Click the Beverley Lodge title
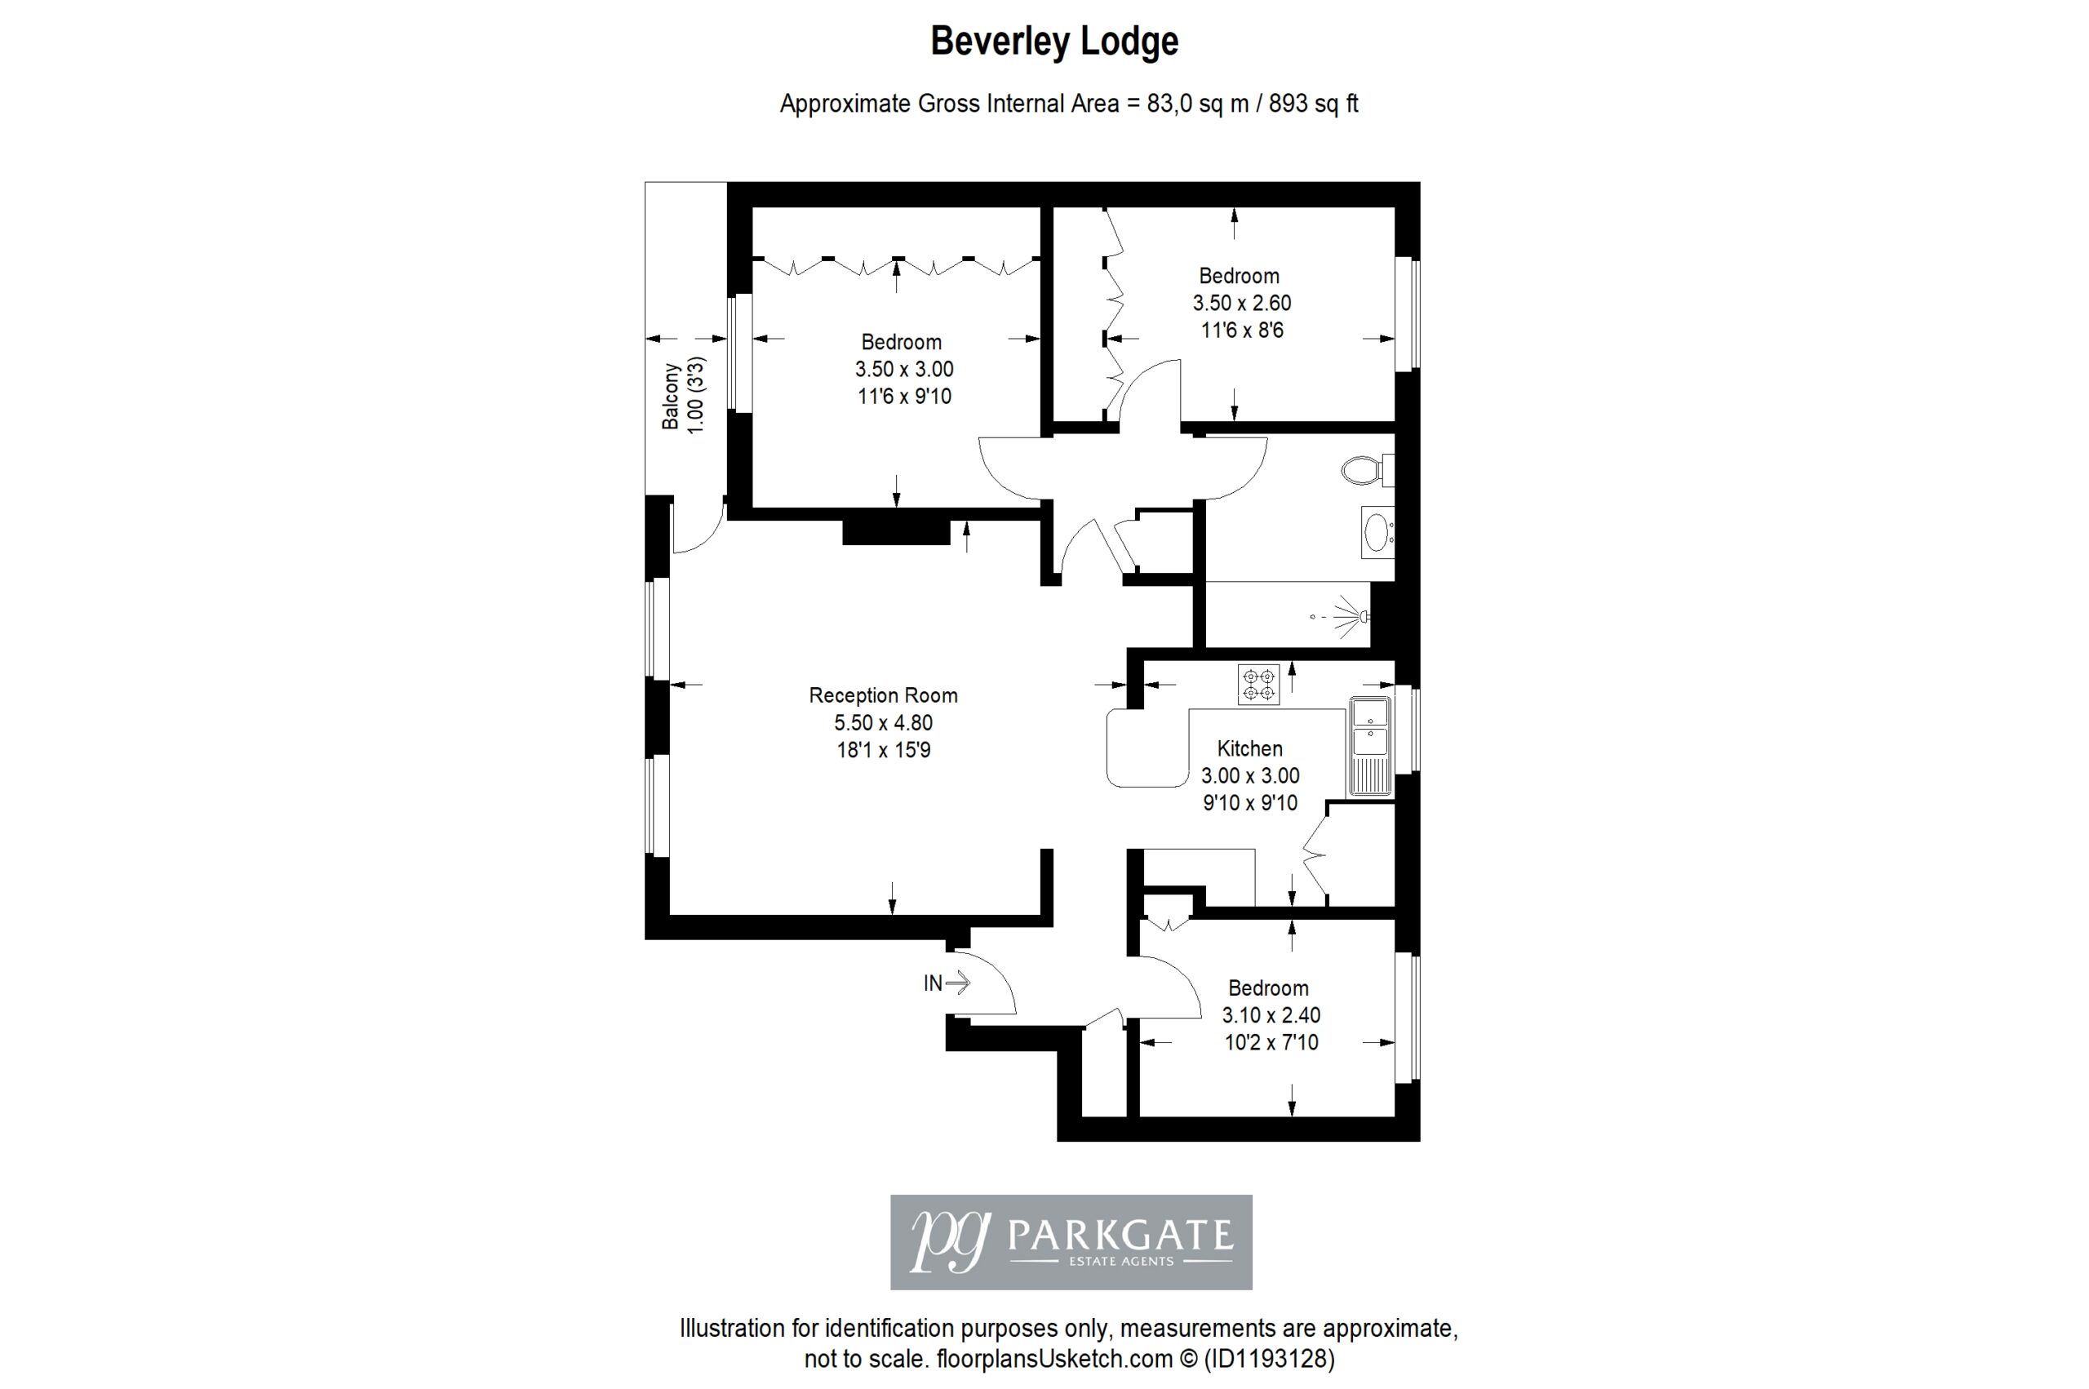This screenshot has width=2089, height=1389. pyautogui.click(x=1053, y=42)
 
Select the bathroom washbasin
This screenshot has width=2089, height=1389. pyautogui.click(x=1377, y=532)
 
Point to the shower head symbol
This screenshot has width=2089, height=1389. pyautogui.click(x=1352, y=615)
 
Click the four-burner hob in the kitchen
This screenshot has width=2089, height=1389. pyautogui.click(x=1258, y=685)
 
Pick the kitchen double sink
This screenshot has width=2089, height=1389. pyautogui.click(x=1371, y=745)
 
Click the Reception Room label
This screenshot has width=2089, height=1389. pyautogui.click(x=883, y=695)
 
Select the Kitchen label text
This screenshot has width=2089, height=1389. pyautogui.click(x=1249, y=748)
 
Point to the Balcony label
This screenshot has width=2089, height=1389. pyautogui.click(x=672, y=397)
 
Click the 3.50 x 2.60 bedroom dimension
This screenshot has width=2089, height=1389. pyautogui.click(x=1241, y=303)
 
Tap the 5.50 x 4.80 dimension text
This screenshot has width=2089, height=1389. pyautogui.click(x=883, y=723)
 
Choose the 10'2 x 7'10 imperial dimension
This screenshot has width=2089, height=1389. pyautogui.click(x=1271, y=1043)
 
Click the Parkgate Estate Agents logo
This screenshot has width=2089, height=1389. pyautogui.click(x=1071, y=1242)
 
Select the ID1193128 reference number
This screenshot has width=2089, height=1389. pyautogui.click(x=1272, y=1359)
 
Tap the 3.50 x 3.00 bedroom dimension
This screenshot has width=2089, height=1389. pyautogui.click(x=904, y=370)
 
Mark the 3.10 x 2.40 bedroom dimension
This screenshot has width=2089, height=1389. pyautogui.click(x=1271, y=1015)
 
